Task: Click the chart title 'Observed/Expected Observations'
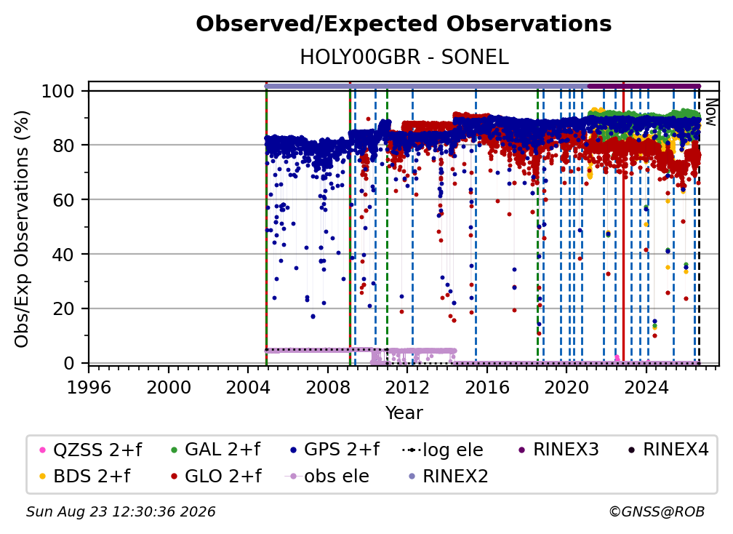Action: point(404,24)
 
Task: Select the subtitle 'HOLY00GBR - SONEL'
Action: point(404,57)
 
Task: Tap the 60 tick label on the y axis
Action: point(63,200)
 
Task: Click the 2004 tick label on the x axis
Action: point(248,387)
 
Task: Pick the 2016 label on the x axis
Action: point(487,387)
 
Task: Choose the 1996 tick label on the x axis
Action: point(89,387)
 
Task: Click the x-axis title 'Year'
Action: point(404,413)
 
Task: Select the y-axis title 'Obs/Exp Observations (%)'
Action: point(22,229)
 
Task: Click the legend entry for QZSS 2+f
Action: point(91,450)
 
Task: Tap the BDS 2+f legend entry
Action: point(85,477)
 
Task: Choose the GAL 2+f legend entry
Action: point(215,450)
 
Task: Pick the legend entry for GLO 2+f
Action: point(216,477)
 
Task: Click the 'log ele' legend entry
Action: point(442,450)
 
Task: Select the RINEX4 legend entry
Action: point(668,450)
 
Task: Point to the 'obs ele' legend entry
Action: point(327,477)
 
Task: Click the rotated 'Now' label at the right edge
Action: point(710,112)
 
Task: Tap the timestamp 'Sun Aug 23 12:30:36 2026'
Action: point(121,511)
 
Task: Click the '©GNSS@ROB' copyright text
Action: point(657,511)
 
